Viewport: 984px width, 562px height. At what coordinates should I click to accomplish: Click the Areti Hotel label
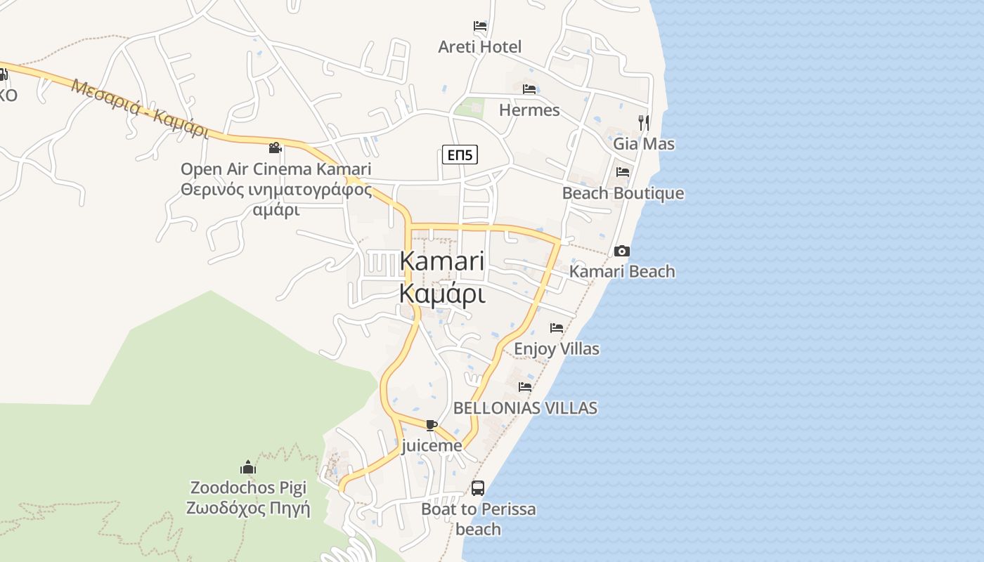(x=480, y=47)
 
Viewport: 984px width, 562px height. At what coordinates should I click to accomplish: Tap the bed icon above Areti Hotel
(x=480, y=26)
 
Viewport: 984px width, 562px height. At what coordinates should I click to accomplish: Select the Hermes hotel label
(x=529, y=110)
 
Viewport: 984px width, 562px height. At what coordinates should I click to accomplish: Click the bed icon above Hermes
(x=529, y=89)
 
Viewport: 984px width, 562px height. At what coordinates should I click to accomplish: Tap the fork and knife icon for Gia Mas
(x=643, y=123)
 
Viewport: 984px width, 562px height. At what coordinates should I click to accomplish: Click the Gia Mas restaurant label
(x=644, y=144)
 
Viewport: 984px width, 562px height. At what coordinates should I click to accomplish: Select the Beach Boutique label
(x=623, y=193)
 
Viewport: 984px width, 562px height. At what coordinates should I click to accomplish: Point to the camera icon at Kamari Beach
(x=621, y=251)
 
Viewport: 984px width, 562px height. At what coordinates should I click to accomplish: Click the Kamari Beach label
(x=622, y=271)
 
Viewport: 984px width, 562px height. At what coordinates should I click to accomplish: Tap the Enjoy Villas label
(x=557, y=348)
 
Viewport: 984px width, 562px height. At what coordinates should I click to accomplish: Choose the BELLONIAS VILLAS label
(x=525, y=407)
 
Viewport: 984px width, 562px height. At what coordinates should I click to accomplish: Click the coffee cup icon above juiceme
(x=432, y=425)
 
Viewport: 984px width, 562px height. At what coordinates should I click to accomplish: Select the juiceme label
(x=432, y=445)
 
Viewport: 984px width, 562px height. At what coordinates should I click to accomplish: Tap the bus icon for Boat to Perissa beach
(x=478, y=488)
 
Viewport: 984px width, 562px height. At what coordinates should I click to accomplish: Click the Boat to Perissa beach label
(x=478, y=518)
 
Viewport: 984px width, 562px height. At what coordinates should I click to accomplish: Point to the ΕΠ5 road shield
(x=460, y=155)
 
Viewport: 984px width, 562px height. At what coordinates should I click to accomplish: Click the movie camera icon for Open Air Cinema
(x=276, y=148)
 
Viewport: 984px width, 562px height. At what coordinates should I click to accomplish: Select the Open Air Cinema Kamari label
(x=276, y=169)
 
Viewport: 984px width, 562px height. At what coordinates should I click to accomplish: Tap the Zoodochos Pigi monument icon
(x=247, y=467)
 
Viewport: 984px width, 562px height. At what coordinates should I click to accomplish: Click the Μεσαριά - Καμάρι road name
(x=141, y=109)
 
